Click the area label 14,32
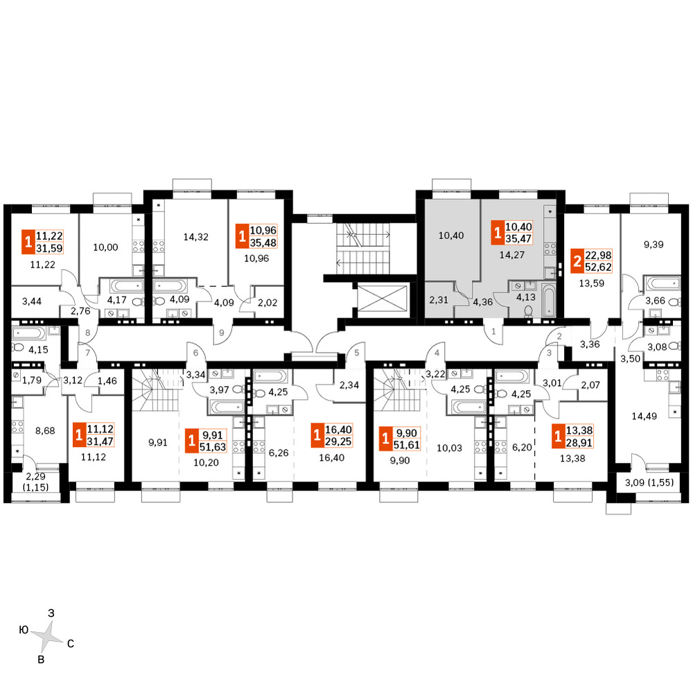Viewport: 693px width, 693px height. coord(196,237)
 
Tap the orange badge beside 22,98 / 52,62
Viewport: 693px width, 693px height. coord(577,261)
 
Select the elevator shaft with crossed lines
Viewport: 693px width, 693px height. coord(382,300)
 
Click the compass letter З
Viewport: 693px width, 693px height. coord(51,613)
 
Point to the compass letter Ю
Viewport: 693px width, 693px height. coord(24,630)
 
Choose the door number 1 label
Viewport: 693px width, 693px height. coord(493,331)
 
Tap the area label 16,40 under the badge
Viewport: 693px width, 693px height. coord(331,458)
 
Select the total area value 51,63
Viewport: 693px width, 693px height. coord(213,447)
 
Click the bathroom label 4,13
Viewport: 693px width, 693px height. coord(526,297)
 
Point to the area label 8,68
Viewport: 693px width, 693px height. coord(44,430)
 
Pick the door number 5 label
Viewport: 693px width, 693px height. coord(357,353)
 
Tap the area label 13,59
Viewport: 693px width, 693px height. coord(591,283)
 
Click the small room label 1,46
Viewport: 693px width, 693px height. coord(107,380)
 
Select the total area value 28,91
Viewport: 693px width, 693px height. coord(579,442)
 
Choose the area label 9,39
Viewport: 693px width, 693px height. coord(653,245)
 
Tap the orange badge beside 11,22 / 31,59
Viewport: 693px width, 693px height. coord(28,242)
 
